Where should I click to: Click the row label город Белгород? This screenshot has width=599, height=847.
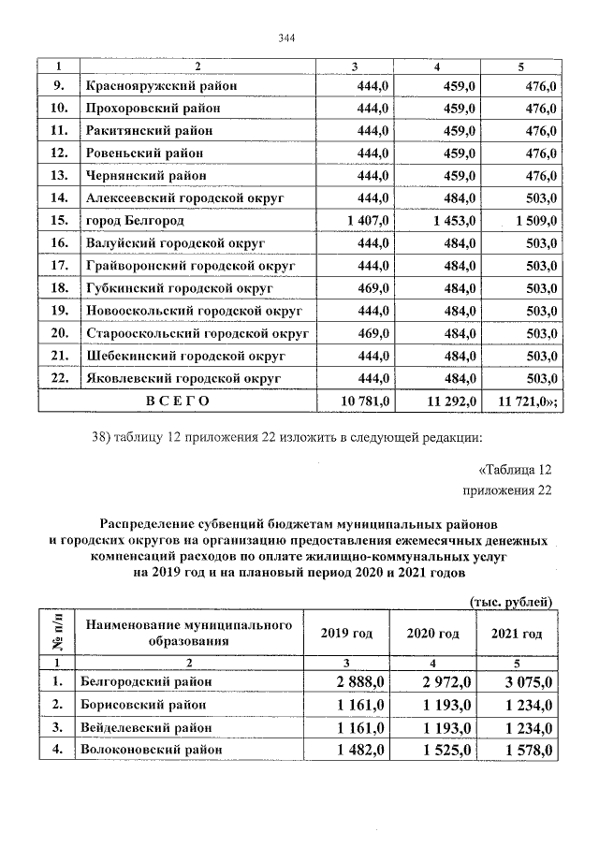135,221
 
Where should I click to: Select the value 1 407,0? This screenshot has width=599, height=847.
373,221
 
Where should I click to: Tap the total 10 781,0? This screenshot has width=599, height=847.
372,401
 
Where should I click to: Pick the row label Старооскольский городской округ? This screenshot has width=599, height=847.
197,333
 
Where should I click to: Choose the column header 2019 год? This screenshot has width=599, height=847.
346,634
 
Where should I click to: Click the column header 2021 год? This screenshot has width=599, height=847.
516,634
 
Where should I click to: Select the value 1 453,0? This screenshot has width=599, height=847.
451,221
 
